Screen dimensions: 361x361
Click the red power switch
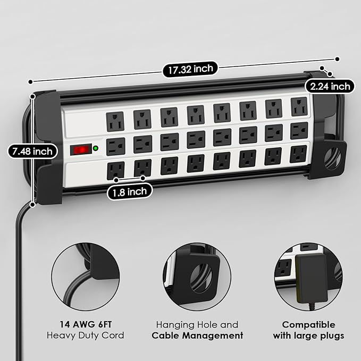point(81,150)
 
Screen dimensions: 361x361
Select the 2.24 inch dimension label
point(329,86)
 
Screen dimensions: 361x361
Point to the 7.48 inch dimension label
point(33,152)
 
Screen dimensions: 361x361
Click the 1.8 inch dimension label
point(130,191)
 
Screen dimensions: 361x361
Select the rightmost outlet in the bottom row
point(298,154)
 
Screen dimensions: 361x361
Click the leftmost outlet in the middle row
point(115,145)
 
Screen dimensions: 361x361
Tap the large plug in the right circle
point(308,279)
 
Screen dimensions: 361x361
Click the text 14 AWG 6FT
point(86,324)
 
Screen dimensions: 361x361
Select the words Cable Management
point(197,335)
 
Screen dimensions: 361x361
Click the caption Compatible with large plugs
point(308,330)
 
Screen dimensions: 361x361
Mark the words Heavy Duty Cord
point(86,335)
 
